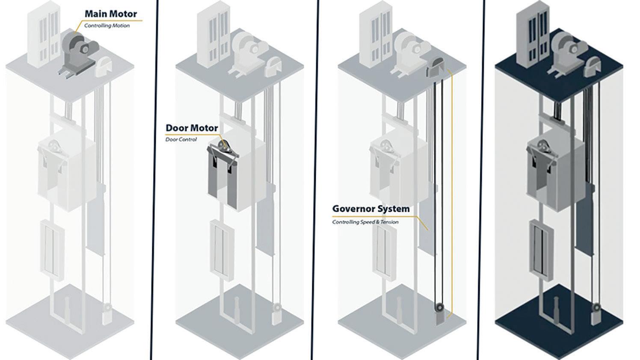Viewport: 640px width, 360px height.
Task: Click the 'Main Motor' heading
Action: (x=110, y=14)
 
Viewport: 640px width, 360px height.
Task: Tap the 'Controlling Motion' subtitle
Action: (x=107, y=26)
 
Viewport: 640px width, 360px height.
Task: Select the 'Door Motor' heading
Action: (x=192, y=128)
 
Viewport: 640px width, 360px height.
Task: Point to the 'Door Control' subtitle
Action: (x=181, y=139)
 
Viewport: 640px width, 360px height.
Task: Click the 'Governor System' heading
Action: (x=370, y=209)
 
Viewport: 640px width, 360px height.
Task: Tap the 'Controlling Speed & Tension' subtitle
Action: (x=365, y=222)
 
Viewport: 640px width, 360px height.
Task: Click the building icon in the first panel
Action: (x=43, y=36)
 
